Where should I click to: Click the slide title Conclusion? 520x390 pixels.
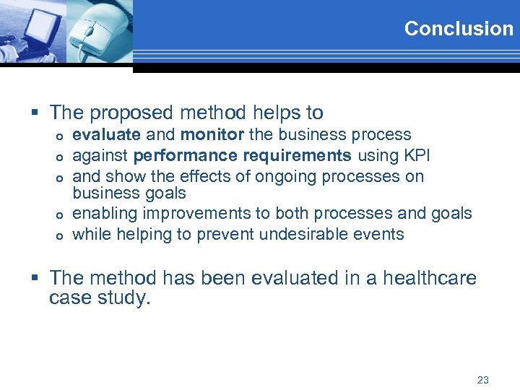[x=459, y=29]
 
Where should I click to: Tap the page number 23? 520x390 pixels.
[x=483, y=379]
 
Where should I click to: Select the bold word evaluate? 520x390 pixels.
[x=107, y=134]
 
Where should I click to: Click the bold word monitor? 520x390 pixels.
[x=212, y=134]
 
